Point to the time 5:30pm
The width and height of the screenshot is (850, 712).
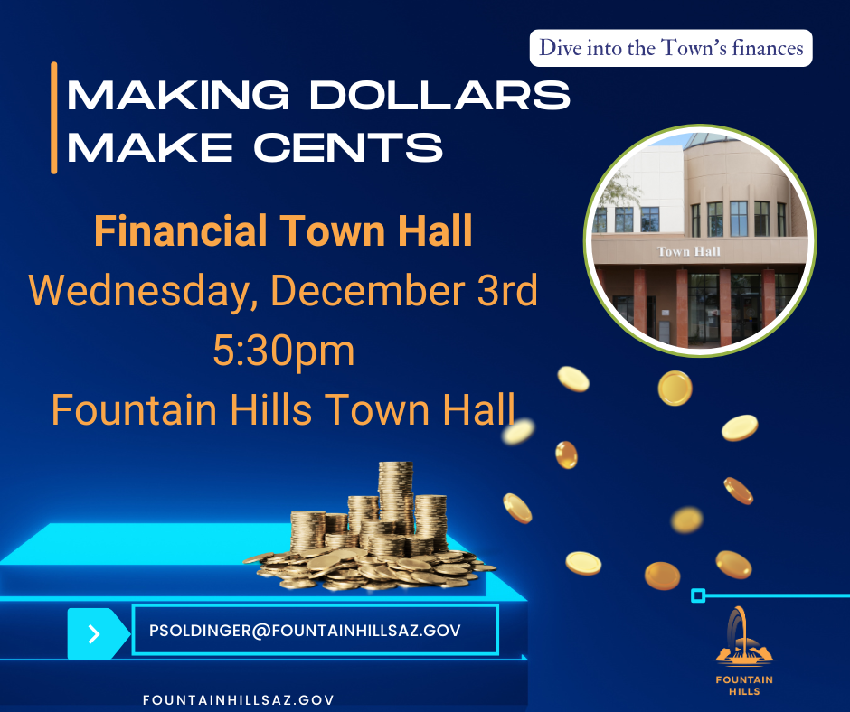pyautogui.click(x=283, y=351)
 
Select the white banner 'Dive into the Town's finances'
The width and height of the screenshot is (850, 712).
pyautogui.click(x=671, y=48)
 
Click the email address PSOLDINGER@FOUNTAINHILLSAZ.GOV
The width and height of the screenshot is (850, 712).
pyautogui.click(x=305, y=630)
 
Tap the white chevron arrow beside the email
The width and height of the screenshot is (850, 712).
pyautogui.click(x=94, y=633)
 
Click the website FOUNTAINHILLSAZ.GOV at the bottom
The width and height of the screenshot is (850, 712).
pyautogui.click(x=239, y=699)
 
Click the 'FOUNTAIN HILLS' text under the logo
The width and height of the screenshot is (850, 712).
pyautogui.click(x=737, y=685)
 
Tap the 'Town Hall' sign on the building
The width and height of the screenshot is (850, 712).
pyautogui.click(x=688, y=250)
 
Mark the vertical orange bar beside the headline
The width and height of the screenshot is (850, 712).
pyautogui.click(x=54, y=117)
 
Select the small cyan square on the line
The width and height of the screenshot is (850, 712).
pyautogui.click(x=697, y=595)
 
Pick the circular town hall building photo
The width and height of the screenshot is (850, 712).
pyautogui.click(x=699, y=240)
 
